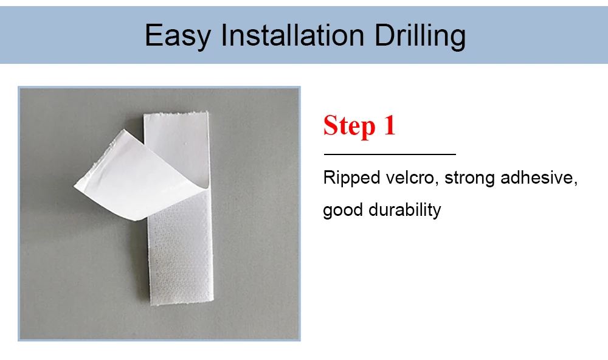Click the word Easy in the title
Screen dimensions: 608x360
click(178, 36)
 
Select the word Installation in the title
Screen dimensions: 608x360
click(292, 35)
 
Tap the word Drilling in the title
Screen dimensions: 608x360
click(420, 36)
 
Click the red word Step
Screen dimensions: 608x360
click(350, 126)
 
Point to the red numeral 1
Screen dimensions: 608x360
click(390, 125)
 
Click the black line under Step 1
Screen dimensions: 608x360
click(390, 154)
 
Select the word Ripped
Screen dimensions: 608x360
click(351, 178)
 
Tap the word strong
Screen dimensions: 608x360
click(469, 178)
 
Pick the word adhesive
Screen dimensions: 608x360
click(536, 178)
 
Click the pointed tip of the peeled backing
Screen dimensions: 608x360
click(74, 187)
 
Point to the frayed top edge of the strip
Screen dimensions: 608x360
click(176, 114)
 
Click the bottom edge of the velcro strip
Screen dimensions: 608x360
click(182, 302)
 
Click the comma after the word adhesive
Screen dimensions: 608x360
click(575, 183)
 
